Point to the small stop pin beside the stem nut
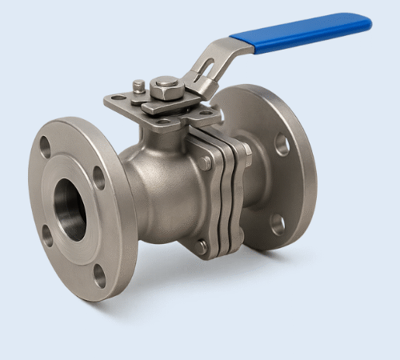point(139,85)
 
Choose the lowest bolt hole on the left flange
point(99,274)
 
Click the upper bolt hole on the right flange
point(282,144)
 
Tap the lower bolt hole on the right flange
point(277,225)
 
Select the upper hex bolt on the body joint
point(206,163)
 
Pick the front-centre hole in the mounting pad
point(163,122)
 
